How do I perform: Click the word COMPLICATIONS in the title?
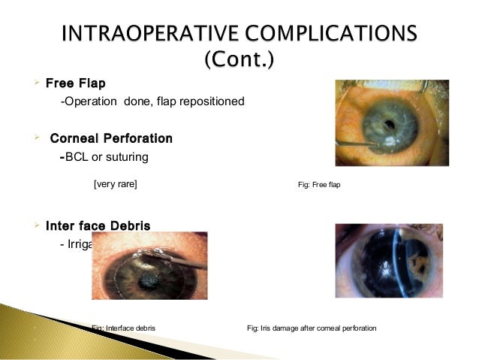click(x=335, y=34)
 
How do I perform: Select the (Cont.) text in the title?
click(x=239, y=58)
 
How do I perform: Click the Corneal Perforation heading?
click(x=111, y=139)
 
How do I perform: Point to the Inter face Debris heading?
click(x=98, y=225)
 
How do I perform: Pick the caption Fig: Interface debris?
click(x=123, y=328)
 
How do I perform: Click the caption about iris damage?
click(x=312, y=328)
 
